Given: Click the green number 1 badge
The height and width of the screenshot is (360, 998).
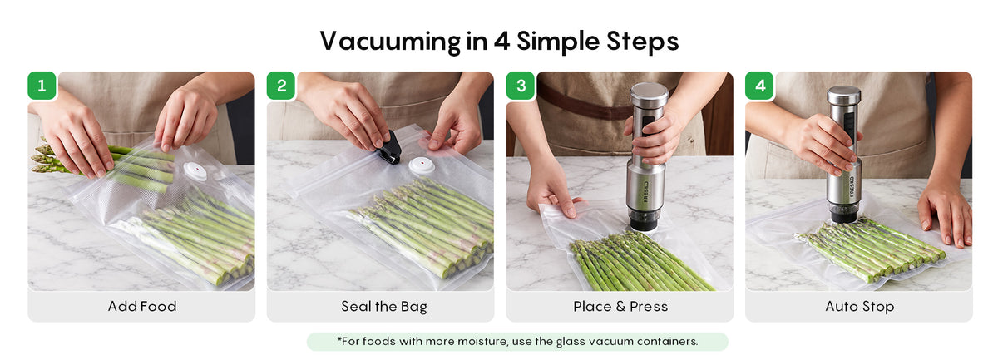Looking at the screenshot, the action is (x=42, y=86).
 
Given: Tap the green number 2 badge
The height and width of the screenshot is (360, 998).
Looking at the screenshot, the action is (x=281, y=86).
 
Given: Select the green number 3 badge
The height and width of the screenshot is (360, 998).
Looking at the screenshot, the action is (x=521, y=86).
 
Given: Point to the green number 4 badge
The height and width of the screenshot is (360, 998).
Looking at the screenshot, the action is (x=759, y=86).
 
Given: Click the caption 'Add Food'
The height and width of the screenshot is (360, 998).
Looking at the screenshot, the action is (x=142, y=307).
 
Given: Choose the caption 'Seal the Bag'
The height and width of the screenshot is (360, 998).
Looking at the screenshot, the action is (x=384, y=307).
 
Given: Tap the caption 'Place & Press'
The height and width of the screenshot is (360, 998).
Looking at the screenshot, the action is (x=620, y=307).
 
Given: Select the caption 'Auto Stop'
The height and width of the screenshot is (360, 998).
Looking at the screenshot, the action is (x=860, y=307).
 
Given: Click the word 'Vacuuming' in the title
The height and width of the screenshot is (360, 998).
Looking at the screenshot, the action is (x=390, y=42).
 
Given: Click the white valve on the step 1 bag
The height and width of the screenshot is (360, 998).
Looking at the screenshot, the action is (x=195, y=170).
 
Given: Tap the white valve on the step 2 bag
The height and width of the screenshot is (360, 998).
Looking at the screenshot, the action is (x=422, y=165).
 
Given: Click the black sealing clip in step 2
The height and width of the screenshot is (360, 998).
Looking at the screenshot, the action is (x=389, y=148).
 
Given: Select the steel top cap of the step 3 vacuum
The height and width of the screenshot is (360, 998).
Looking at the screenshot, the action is (x=650, y=95).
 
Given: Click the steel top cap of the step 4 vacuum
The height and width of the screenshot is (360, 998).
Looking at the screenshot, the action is (x=844, y=96).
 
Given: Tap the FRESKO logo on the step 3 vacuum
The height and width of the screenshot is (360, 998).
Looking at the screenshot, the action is (x=646, y=191).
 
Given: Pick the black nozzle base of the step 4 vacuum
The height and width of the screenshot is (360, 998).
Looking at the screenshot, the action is (x=843, y=214).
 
